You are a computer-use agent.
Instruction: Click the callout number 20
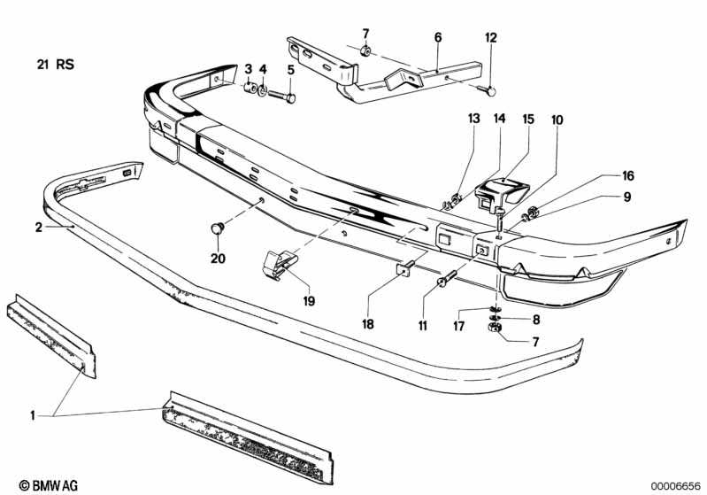pos(218,259)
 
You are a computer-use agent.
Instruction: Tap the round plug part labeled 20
pos(218,228)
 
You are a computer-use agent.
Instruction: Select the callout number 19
pos(309,301)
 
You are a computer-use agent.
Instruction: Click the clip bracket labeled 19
pos(279,265)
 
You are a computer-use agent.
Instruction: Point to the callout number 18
pos(368,324)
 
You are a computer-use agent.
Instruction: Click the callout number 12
pos(491,38)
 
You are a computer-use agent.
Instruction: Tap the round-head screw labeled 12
pos(488,90)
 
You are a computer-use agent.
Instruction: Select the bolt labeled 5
pos(281,97)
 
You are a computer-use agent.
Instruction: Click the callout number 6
pos(438,37)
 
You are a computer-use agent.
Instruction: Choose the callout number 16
pos(628,175)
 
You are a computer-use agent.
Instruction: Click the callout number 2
pos(39,228)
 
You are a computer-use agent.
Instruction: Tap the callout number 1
pos(33,415)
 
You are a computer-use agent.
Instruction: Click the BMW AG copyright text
pos(49,485)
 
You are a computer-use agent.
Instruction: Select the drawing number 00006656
pos(675,486)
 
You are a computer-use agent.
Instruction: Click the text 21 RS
pos(56,65)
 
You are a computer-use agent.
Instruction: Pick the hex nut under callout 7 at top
pos(365,51)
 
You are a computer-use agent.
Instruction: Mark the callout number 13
pos(474,119)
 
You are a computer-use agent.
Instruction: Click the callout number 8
pos(536,320)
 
